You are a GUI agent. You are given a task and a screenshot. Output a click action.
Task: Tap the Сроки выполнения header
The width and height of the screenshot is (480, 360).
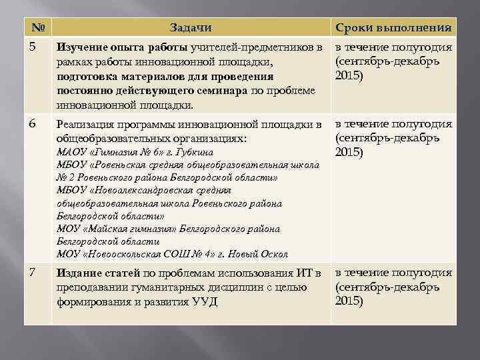pyautogui.click(x=394, y=28)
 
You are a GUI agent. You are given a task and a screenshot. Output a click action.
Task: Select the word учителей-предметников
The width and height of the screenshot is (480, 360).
pyautogui.click(x=252, y=48)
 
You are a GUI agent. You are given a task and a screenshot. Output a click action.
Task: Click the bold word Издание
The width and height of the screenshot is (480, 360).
pyautogui.click(x=79, y=273)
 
